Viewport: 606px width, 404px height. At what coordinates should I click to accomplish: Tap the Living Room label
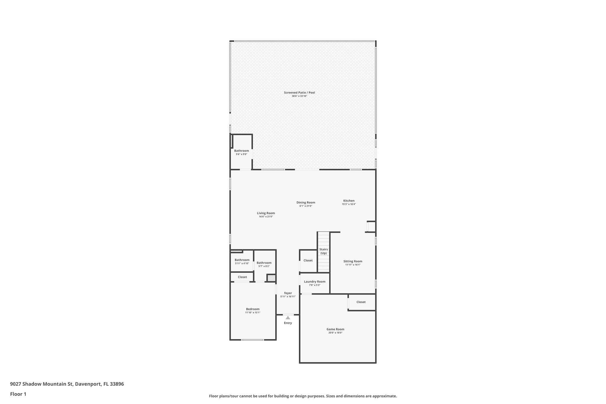266,213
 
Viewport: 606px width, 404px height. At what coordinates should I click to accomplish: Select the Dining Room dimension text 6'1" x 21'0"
306,206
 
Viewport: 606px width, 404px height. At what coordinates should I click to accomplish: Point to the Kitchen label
349,201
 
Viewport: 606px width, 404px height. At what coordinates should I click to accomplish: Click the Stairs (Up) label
323,251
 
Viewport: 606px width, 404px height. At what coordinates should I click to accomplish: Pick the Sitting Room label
353,261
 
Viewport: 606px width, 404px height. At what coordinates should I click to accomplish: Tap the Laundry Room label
315,282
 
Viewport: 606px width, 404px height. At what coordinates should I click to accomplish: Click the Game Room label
335,329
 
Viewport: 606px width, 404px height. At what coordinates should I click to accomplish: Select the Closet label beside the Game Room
361,302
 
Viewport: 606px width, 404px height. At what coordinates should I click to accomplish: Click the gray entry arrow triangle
288,318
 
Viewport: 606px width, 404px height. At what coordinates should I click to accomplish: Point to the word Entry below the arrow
288,323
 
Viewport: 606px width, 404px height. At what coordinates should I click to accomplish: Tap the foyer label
288,293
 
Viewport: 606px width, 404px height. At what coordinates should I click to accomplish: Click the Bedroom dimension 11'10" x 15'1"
253,313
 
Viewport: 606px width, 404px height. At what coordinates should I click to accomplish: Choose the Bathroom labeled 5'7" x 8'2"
264,263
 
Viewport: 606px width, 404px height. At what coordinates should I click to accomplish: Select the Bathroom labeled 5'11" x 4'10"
242,260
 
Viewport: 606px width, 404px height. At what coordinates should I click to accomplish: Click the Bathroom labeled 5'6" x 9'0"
241,151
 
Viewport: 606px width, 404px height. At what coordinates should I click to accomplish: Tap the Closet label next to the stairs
308,260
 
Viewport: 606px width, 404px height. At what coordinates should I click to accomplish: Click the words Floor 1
18,394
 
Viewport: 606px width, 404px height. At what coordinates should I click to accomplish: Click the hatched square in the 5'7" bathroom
271,278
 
